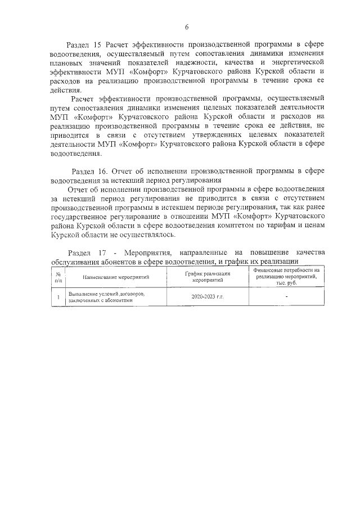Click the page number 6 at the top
[186, 26]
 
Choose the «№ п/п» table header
[58, 276]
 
